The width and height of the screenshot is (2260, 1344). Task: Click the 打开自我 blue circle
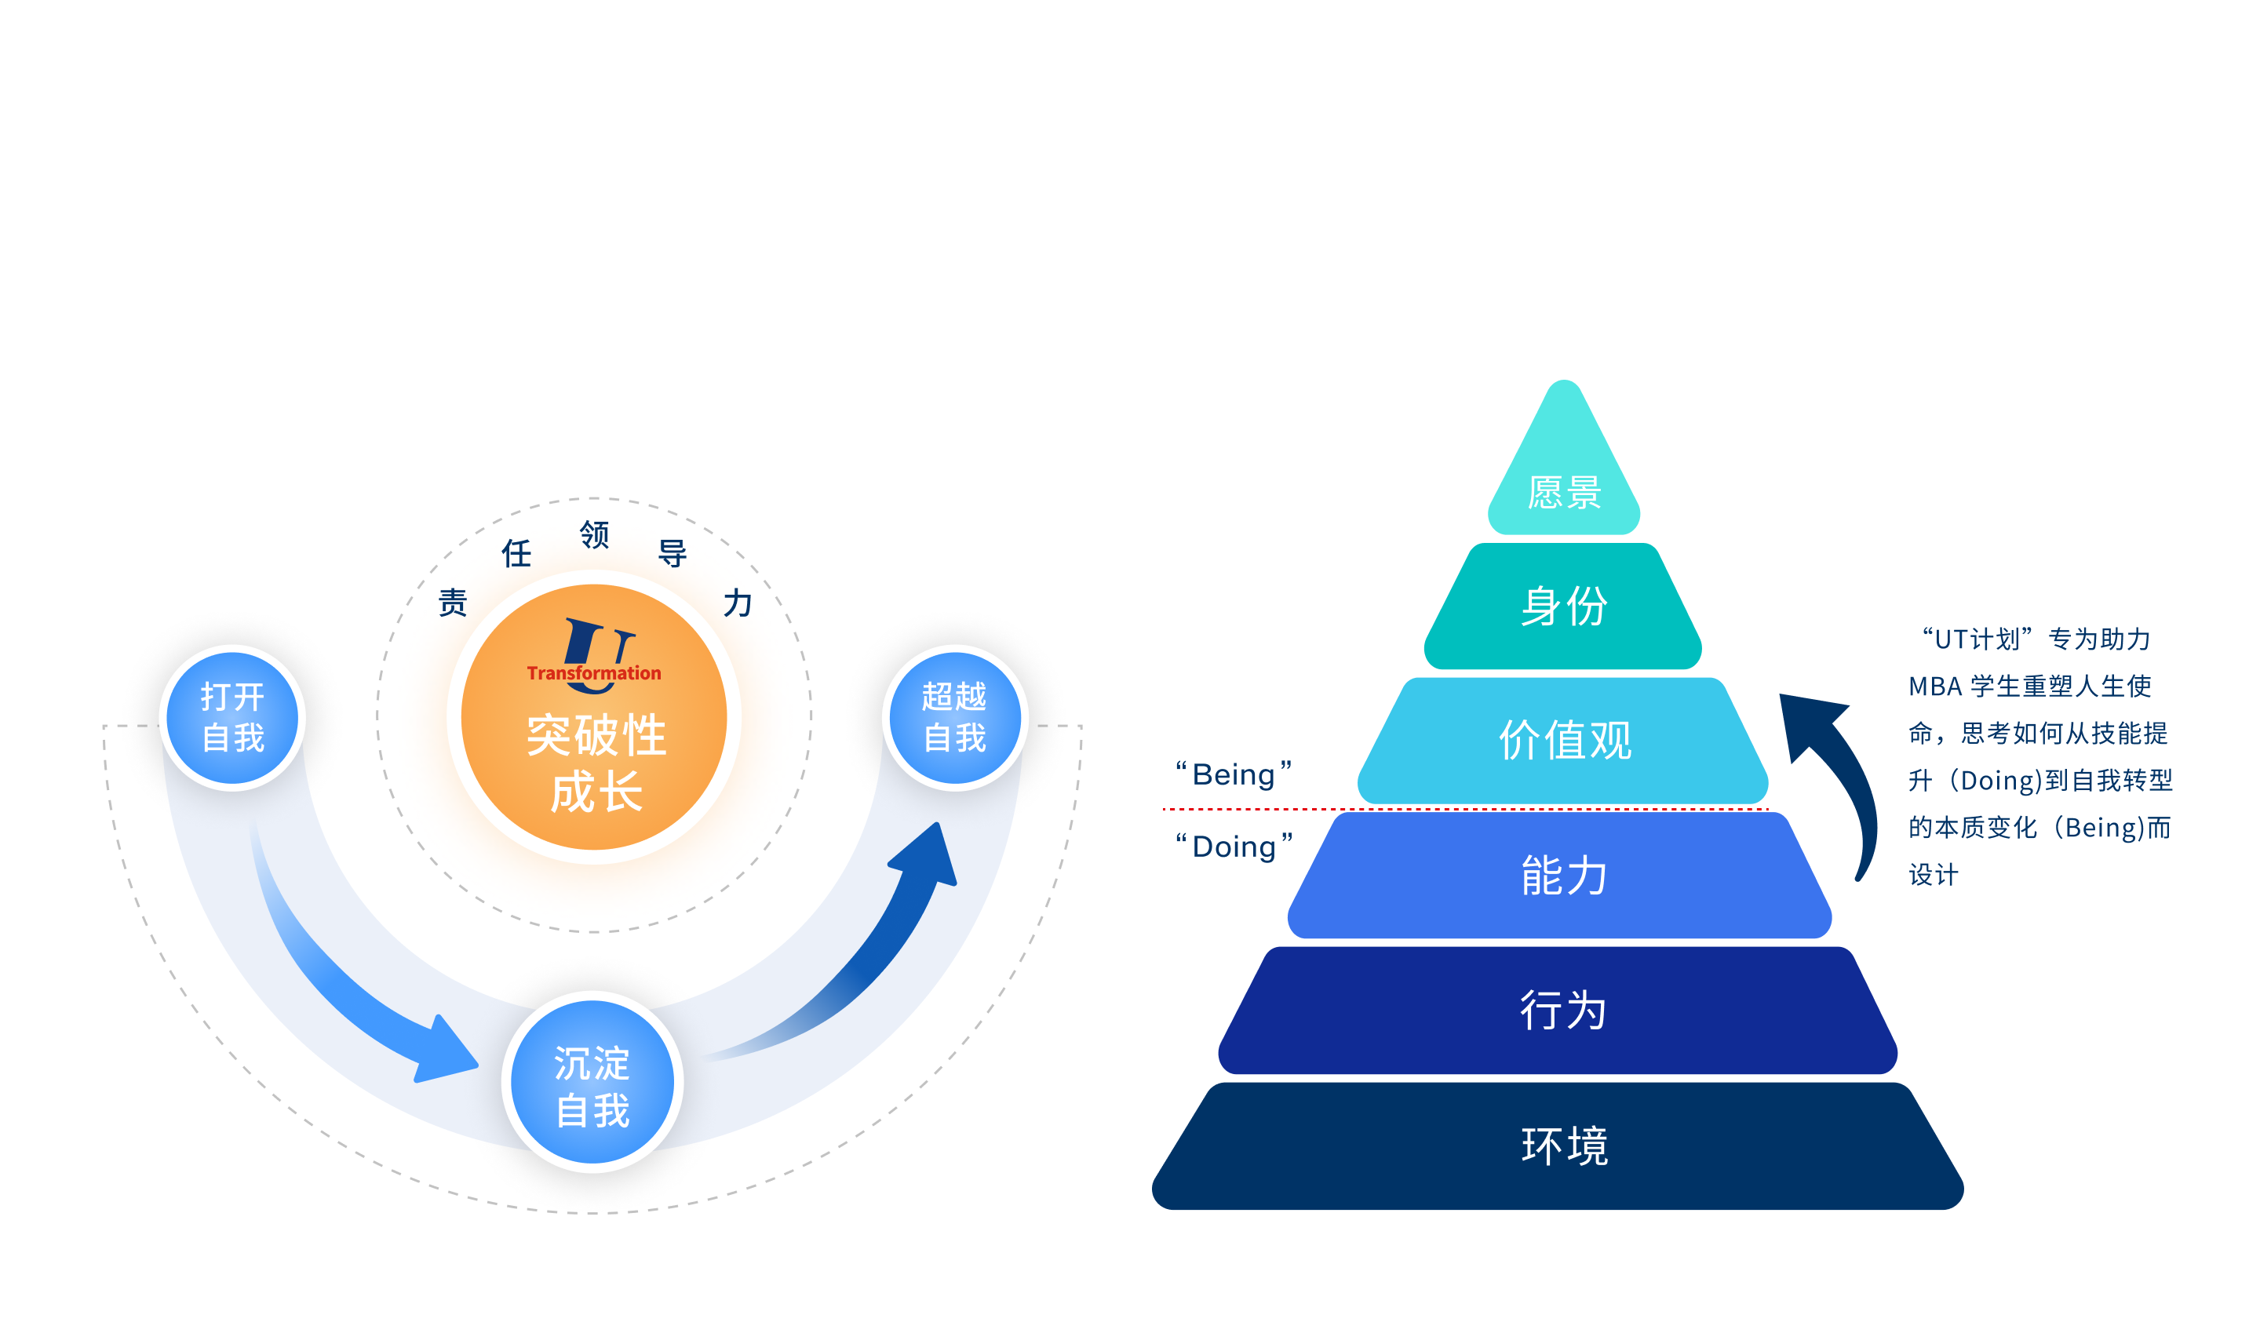pyautogui.click(x=232, y=717)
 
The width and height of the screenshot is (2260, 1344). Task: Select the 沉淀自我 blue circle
pyautogui.click(x=592, y=1081)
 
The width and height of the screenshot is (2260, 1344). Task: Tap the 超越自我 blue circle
pyautogui.click(x=955, y=717)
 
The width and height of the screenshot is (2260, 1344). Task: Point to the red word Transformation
pyautogui.click(x=594, y=673)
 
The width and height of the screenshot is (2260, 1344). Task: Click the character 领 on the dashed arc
pyautogui.click(x=594, y=534)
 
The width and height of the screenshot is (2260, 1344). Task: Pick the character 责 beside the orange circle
pyautogui.click(x=453, y=603)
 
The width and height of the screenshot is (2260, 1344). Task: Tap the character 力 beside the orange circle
pyautogui.click(x=738, y=603)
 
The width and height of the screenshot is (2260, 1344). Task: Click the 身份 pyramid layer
pyautogui.click(x=1562, y=606)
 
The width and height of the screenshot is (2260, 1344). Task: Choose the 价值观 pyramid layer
pyautogui.click(x=1562, y=740)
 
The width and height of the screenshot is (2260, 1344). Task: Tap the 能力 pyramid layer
pyautogui.click(x=1561, y=875)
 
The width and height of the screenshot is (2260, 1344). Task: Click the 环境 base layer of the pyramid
pyautogui.click(x=1558, y=1145)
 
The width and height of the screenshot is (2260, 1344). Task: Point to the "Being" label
pyautogui.click(x=1234, y=774)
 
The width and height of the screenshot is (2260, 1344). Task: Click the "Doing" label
pyautogui.click(x=1234, y=847)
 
